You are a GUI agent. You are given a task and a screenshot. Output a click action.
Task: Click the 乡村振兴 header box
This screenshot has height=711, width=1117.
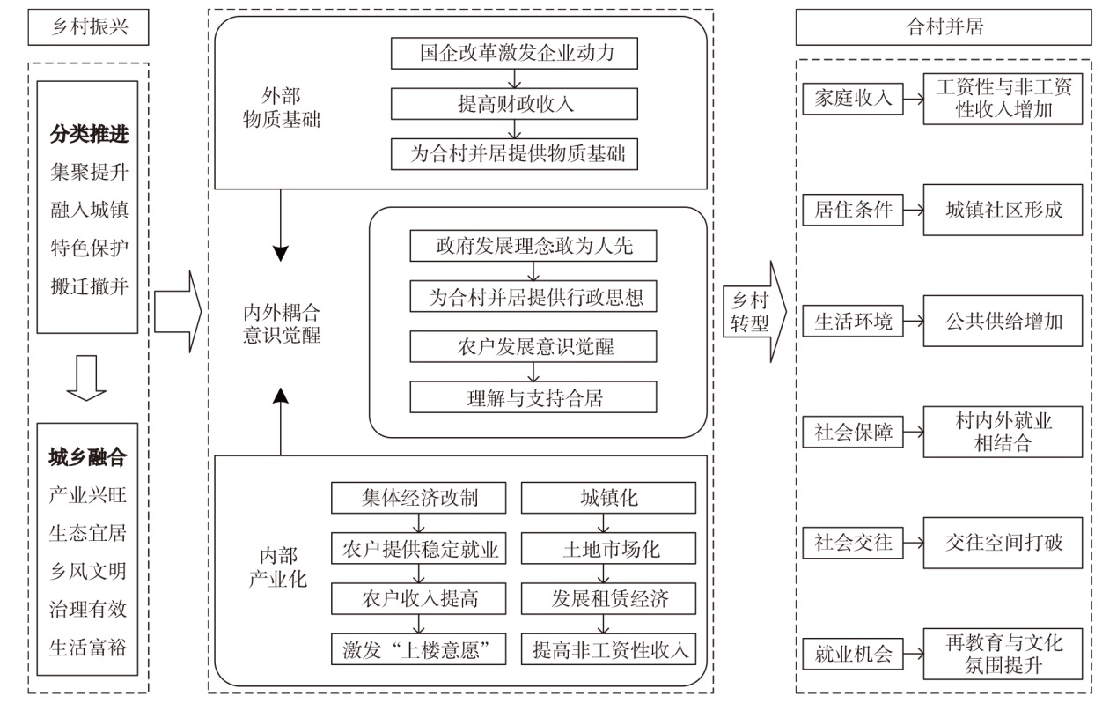88,27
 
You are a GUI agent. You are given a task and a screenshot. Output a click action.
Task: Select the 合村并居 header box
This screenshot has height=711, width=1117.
944,27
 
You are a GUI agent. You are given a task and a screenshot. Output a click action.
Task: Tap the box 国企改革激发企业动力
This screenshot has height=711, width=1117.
516,55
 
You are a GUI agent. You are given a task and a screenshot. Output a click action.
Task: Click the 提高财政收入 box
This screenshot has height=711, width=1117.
516,104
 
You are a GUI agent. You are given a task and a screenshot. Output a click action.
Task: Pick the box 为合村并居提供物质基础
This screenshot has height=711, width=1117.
516,154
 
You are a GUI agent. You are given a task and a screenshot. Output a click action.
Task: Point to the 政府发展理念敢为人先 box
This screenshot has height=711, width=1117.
533,247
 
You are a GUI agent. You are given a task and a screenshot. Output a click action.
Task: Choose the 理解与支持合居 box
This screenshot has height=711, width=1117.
533,397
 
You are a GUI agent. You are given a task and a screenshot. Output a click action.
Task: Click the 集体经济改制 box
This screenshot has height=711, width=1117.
419,498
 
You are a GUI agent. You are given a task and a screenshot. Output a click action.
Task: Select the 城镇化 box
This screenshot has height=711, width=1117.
608,498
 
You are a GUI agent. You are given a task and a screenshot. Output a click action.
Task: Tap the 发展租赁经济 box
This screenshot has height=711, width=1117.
608,600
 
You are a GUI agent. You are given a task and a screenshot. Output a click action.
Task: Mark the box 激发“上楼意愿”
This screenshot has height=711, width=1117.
419,650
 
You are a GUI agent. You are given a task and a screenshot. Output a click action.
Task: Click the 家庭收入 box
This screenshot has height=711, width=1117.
852,99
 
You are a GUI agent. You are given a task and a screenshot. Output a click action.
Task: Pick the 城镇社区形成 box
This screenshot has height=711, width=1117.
1003,210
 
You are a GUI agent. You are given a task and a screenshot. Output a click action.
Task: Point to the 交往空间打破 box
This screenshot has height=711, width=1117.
1003,542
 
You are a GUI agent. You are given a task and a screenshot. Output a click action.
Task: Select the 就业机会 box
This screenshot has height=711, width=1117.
852,654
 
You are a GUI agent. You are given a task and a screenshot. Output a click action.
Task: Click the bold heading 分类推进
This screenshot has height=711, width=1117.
88,134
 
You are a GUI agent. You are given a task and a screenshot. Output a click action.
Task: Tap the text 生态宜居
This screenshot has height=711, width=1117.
88,533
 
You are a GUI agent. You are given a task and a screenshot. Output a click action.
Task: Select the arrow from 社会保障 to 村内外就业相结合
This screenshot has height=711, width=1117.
914,432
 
